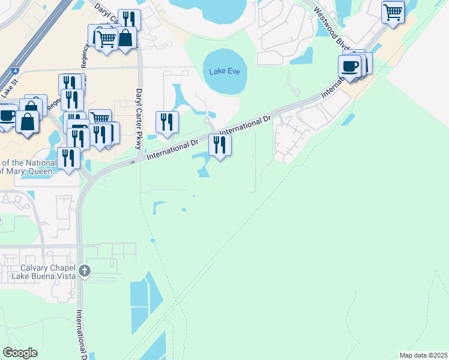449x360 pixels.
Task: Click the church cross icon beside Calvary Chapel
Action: (x=85, y=271)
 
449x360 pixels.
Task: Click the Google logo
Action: (x=20, y=353)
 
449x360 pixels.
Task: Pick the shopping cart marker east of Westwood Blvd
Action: (x=393, y=12)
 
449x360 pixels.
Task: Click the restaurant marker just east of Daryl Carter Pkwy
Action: (x=167, y=122)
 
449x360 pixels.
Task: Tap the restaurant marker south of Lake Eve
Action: (x=220, y=145)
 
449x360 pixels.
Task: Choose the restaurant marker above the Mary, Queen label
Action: (x=68, y=158)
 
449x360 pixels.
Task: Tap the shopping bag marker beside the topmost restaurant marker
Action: (x=126, y=38)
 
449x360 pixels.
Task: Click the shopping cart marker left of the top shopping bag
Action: (x=106, y=39)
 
